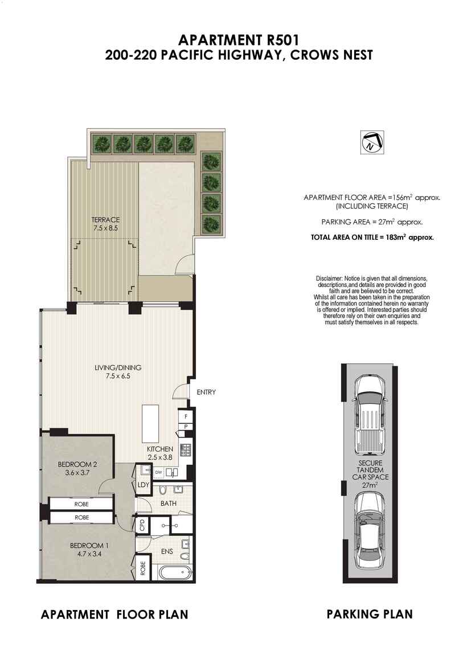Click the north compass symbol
(x=372, y=142)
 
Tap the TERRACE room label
(x=105, y=219)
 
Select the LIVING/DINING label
(x=118, y=367)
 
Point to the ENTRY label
(x=206, y=392)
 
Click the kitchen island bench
(x=150, y=423)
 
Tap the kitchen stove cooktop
(x=185, y=449)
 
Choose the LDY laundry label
(x=143, y=485)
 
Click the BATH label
(x=169, y=503)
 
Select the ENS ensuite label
(x=167, y=551)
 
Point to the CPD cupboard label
(x=142, y=526)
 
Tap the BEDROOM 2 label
(x=77, y=464)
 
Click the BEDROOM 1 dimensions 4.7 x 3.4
(x=87, y=554)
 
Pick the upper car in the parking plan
(x=369, y=416)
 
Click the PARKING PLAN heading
(x=370, y=613)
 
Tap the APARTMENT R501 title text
(x=239, y=40)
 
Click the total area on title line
(x=372, y=238)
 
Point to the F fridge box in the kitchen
(x=185, y=416)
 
